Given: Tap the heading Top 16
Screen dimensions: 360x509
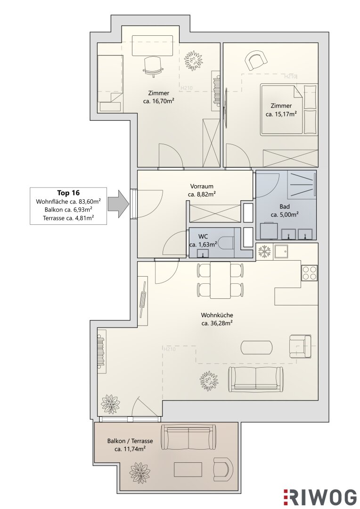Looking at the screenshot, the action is click(x=68, y=193).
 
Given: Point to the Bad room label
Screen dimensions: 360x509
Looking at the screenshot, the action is click(x=284, y=207).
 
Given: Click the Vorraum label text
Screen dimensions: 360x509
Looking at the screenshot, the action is click(x=202, y=186).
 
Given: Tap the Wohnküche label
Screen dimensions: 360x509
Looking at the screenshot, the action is click(x=217, y=315).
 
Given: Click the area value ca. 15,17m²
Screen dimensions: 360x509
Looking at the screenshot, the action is click(x=281, y=114).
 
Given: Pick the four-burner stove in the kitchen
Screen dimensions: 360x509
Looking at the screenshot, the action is click(x=310, y=273).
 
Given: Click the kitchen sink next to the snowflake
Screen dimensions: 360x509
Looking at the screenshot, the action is click(x=281, y=251).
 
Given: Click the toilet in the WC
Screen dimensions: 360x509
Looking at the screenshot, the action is click(x=226, y=242).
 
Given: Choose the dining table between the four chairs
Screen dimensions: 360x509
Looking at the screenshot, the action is click(x=221, y=280).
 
